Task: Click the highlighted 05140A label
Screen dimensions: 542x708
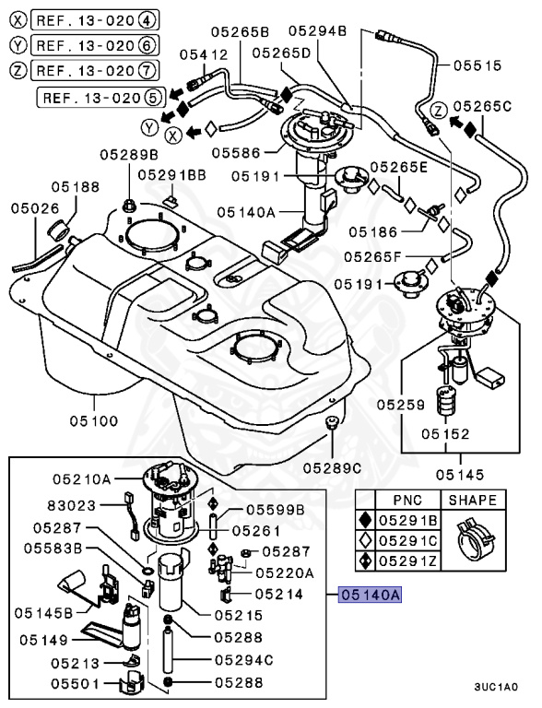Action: (370, 595)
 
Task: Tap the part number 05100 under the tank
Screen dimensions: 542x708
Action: (94, 420)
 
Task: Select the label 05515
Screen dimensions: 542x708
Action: (477, 65)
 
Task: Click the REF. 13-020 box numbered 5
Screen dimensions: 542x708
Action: (100, 97)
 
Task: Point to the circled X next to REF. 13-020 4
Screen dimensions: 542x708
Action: (18, 20)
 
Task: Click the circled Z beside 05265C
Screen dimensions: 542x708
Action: (438, 110)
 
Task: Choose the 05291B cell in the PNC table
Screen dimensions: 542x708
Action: (407, 520)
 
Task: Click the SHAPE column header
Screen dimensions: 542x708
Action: (473, 501)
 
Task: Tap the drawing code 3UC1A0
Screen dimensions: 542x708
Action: (496, 687)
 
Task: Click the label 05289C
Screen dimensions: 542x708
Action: (332, 468)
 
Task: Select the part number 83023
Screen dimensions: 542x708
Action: (72, 505)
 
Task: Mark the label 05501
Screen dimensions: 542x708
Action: (75, 683)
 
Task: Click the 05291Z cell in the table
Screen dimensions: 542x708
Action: (407, 560)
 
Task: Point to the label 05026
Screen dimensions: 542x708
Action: (35, 208)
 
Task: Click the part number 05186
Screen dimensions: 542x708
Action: (373, 232)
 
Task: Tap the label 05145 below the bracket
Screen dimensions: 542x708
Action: (460, 475)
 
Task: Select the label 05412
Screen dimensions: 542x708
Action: (204, 54)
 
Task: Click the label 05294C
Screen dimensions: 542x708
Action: (244, 660)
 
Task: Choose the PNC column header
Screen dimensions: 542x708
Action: (407, 501)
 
